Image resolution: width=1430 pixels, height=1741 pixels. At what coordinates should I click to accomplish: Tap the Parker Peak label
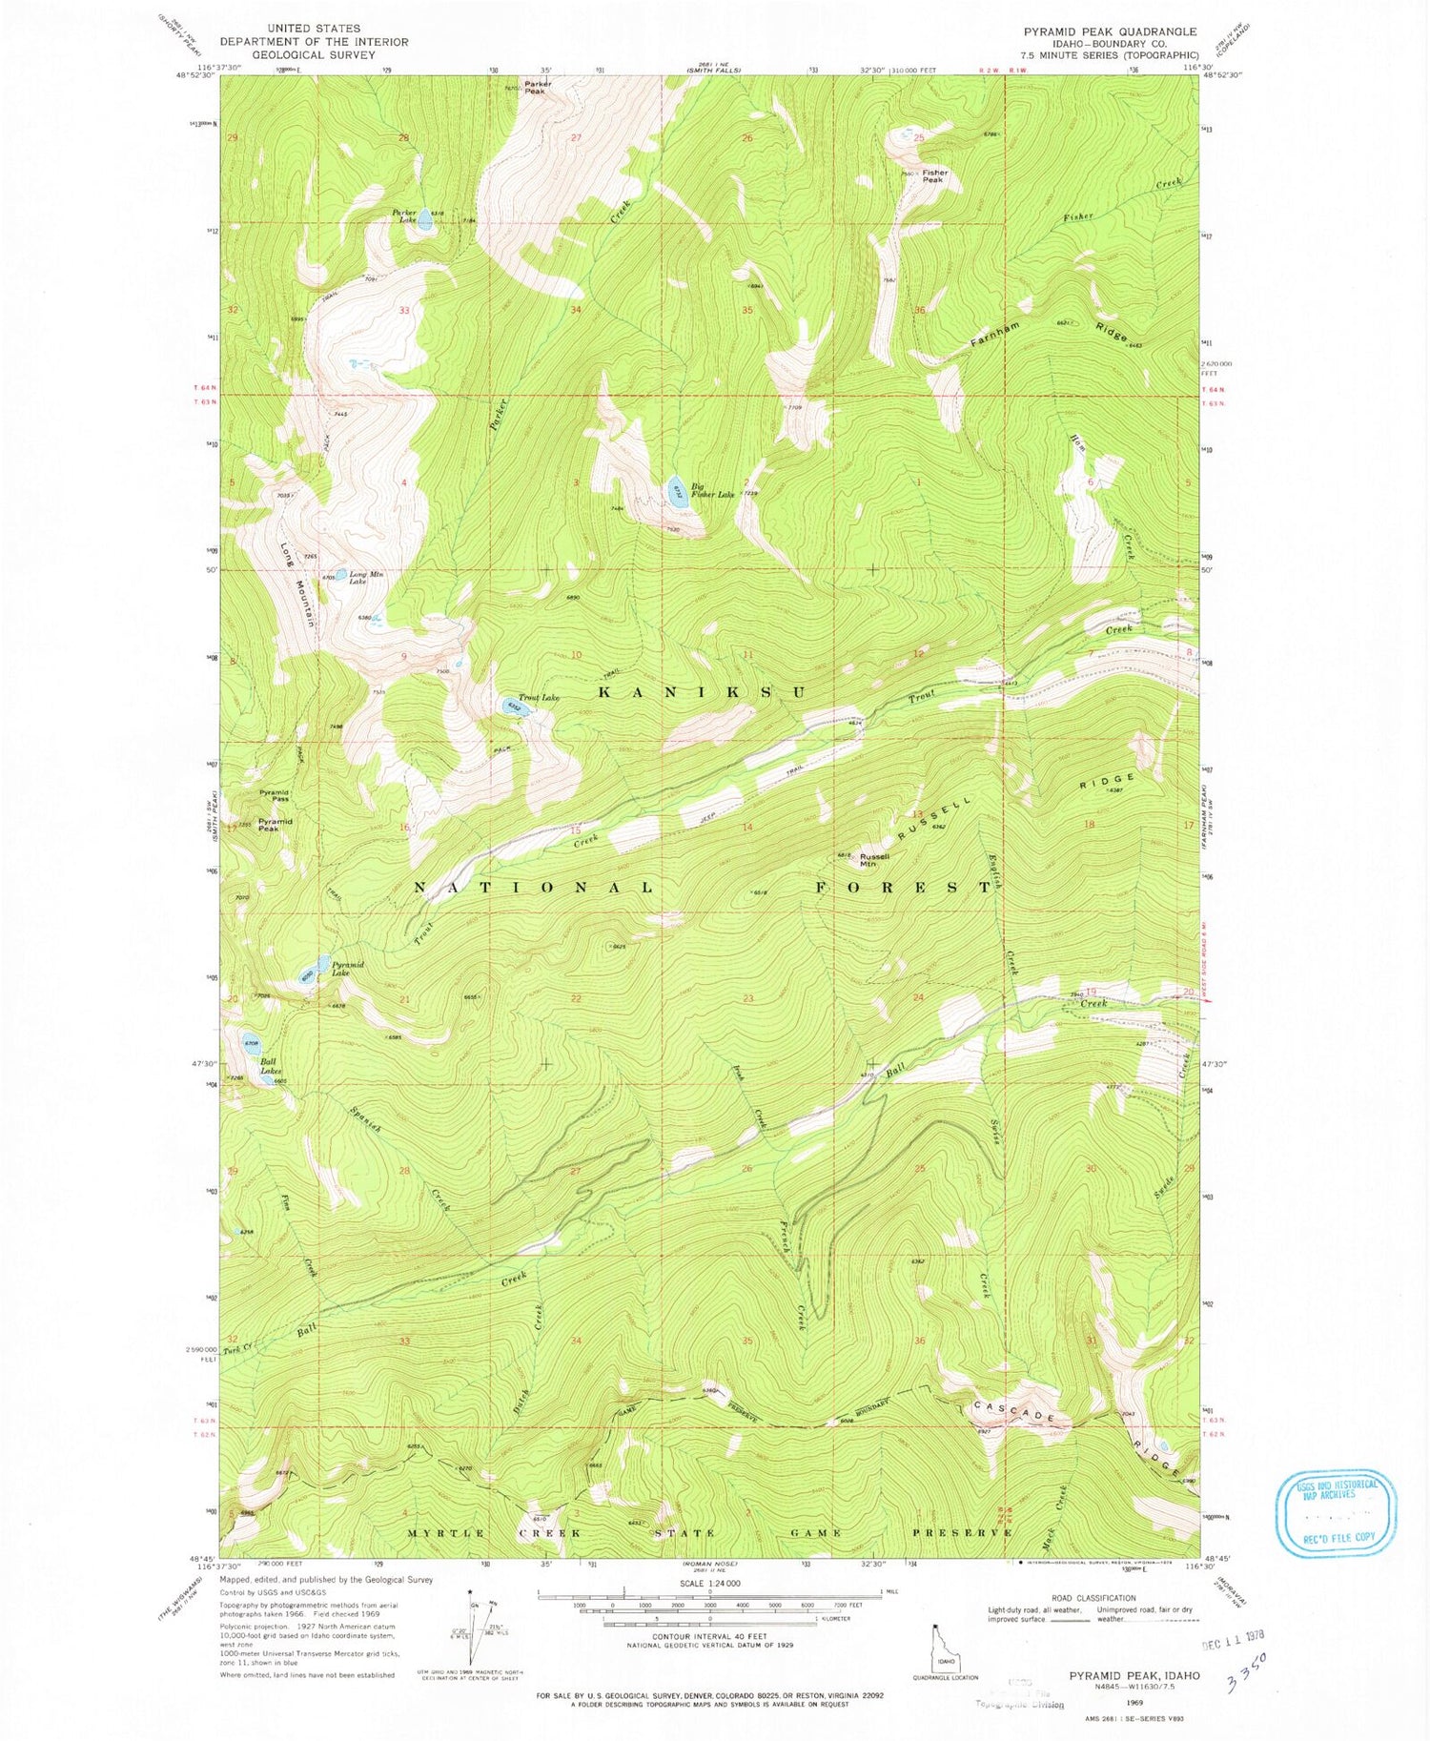[537, 88]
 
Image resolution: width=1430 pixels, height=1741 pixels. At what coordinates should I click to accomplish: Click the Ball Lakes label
[269, 1065]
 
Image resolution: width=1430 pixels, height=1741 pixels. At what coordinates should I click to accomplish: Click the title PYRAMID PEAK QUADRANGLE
[1110, 32]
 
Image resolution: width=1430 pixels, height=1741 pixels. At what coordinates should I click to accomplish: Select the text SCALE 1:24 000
[708, 1583]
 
